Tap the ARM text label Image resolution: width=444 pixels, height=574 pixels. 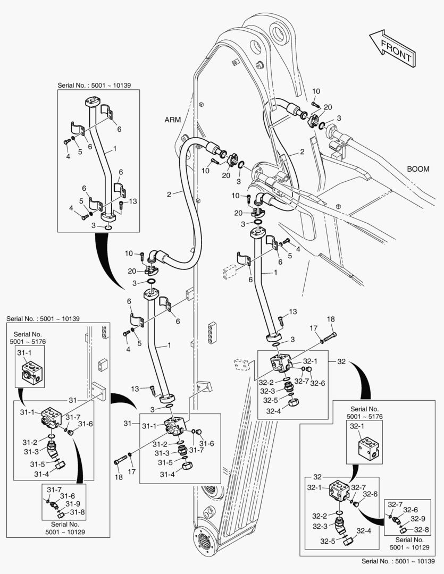click(173, 120)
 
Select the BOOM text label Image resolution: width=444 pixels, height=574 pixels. click(418, 169)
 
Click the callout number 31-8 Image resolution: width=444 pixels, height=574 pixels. click(77, 512)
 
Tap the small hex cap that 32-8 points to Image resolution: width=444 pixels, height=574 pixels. click(405, 529)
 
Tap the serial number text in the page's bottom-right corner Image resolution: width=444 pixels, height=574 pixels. click(401, 561)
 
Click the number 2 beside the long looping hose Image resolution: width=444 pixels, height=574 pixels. click(169, 195)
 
